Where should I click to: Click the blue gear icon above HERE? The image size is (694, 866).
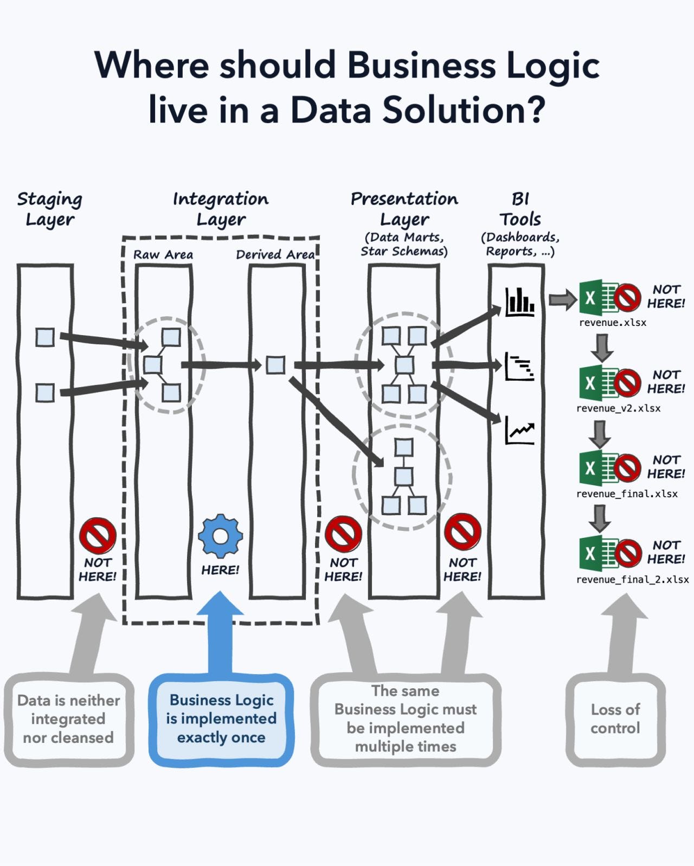click(x=220, y=536)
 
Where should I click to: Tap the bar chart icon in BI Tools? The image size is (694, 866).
click(x=520, y=303)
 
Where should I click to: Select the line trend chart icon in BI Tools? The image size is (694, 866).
click(x=520, y=431)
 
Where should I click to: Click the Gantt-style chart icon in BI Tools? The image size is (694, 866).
click(x=520, y=367)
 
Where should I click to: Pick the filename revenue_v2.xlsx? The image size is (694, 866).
click(x=618, y=408)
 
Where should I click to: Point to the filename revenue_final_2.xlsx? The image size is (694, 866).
click(x=632, y=579)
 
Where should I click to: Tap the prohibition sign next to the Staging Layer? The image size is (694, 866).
click(x=98, y=535)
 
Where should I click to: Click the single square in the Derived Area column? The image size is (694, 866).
click(x=275, y=365)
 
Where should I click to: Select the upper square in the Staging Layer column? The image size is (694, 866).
click(x=45, y=337)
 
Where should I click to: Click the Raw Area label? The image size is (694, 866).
click(x=163, y=254)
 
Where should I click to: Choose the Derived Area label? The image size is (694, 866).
click(x=275, y=254)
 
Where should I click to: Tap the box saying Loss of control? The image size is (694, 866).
click(x=615, y=719)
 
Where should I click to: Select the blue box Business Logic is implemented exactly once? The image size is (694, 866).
click(x=221, y=719)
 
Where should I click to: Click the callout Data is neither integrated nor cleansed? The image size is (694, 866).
click(x=68, y=719)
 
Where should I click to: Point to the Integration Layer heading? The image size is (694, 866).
click(x=221, y=209)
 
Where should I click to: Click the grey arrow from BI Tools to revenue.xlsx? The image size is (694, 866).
click(x=562, y=299)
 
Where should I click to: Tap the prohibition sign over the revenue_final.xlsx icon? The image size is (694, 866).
click(x=627, y=467)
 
